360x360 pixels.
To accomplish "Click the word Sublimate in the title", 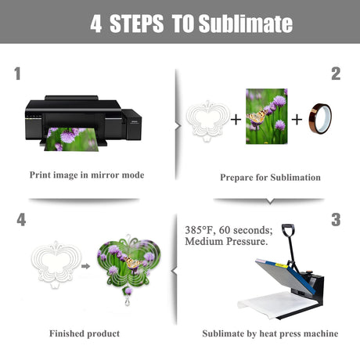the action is (x=246, y=23).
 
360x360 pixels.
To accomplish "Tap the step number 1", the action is (x=17, y=74).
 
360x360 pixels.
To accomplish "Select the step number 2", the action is (x=336, y=74).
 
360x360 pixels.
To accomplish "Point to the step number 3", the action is (x=336, y=220).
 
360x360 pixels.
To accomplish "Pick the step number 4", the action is (x=21, y=220).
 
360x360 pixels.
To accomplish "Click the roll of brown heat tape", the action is (x=320, y=119).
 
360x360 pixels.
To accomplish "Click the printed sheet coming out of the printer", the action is (x=71, y=139).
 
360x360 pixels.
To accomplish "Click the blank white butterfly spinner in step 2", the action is (x=207, y=121).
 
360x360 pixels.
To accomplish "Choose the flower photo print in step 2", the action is (x=267, y=117).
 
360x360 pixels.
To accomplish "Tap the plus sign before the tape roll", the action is (x=297, y=120).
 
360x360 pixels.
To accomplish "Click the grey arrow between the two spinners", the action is (x=85, y=266).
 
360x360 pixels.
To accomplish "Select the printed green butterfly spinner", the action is (x=128, y=266).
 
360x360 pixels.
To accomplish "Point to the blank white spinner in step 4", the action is (x=56, y=264).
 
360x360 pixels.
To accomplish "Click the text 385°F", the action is (x=200, y=230).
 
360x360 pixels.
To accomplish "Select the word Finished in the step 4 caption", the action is (x=67, y=333).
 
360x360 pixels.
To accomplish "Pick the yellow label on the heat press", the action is (x=282, y=265).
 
